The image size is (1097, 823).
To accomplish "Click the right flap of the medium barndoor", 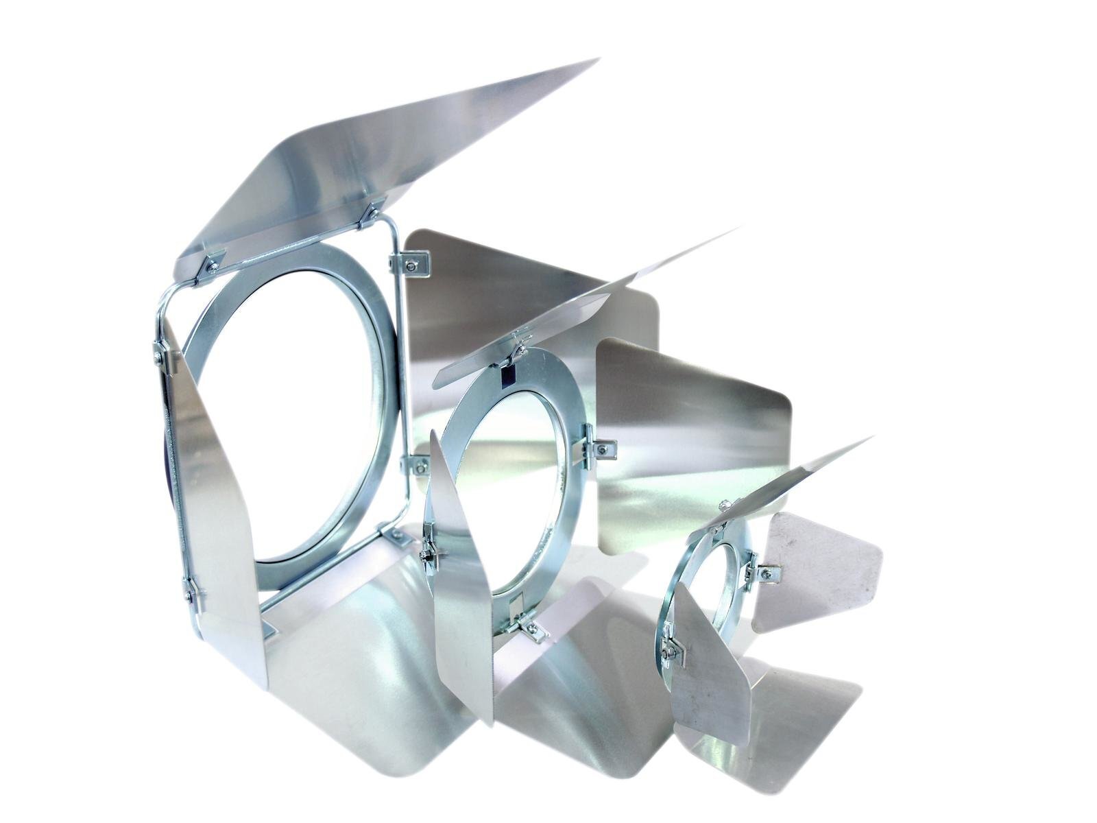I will [x=692, y=446].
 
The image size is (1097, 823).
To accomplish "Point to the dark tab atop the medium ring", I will [x=507, y=375].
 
